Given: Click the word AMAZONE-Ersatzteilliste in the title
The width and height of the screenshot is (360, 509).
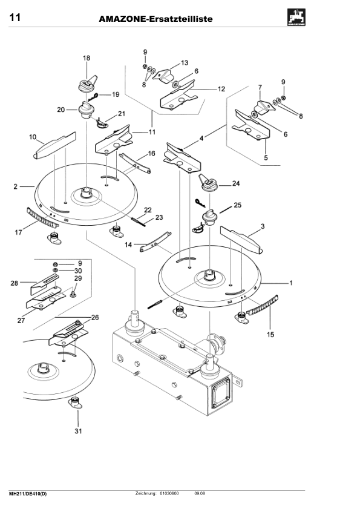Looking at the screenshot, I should click(x=155, y=19).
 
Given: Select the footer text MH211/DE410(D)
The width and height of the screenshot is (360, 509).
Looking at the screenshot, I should click(x=28, y=494).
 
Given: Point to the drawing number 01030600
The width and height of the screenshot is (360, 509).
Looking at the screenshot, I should click(x=169, y=494).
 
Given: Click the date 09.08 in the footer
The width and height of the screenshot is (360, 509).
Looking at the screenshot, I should click(x=199, y=494).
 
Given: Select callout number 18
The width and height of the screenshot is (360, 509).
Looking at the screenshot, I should click(x=86, y=58).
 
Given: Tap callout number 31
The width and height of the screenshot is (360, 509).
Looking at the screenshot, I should click(x=77, y=431).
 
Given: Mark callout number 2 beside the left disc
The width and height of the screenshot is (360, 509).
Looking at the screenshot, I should click(x=15, y=188).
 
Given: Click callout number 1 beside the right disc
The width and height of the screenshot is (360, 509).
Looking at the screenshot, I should click(x=291, y=283).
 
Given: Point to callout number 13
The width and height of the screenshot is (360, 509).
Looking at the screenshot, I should click(x=185, y=62).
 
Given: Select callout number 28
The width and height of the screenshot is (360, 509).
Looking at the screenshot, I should click(x=14, y=283).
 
